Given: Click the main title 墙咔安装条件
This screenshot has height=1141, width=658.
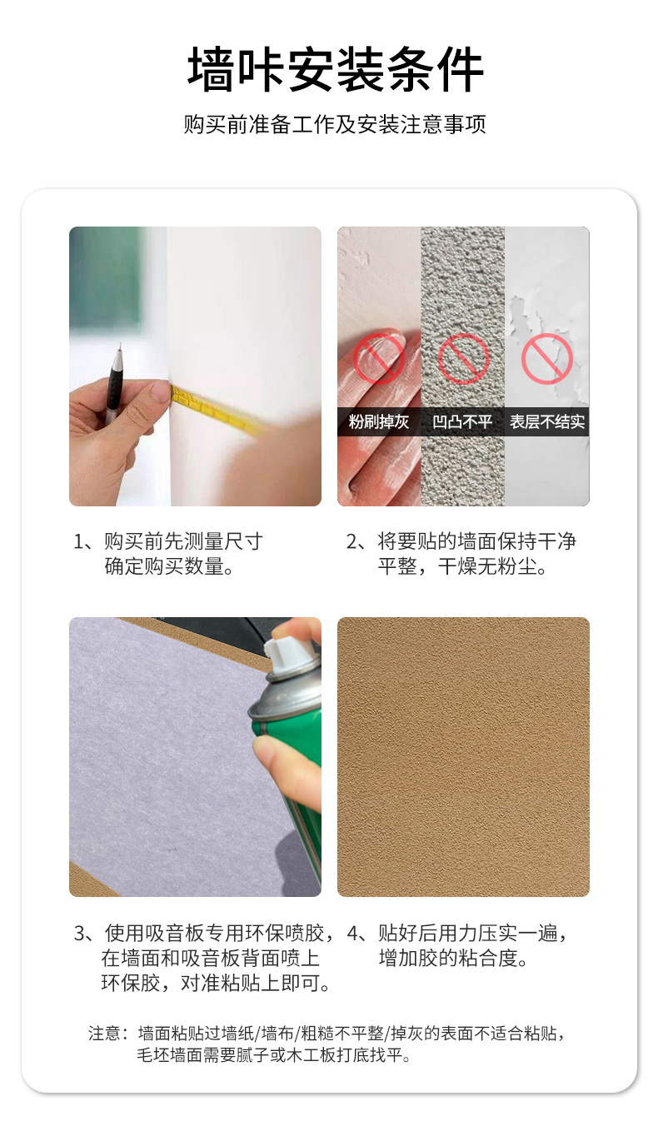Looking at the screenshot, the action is (336, 69).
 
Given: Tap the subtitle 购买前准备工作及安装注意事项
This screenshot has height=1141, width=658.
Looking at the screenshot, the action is (335, 124).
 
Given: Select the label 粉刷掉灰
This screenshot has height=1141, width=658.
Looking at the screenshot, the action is (378, 421).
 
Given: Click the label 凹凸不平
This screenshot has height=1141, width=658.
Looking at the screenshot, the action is (462, 421).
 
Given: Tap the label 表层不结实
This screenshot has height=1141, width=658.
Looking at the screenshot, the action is (547, 421).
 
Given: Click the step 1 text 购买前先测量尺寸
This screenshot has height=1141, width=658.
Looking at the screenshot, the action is (183, 541).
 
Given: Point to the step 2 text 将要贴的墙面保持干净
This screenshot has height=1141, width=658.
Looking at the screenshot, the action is (476, 541).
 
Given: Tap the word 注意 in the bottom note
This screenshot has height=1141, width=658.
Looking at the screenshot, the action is (104, 1033).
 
